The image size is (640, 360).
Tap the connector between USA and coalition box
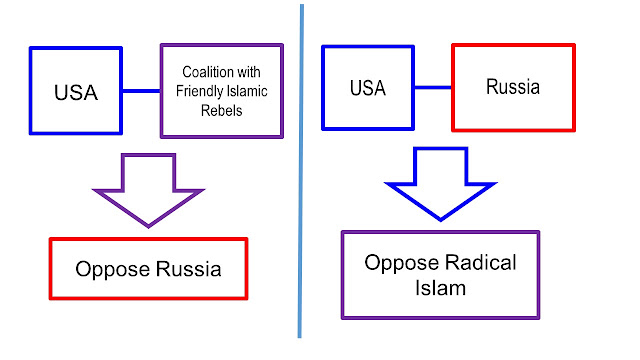(142, 91)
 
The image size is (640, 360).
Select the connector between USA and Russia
(433, 87)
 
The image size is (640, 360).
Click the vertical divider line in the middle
(301, 171)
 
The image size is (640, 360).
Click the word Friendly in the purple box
(196, 91)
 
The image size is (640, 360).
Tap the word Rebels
(222, 111)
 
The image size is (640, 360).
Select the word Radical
(480, 262)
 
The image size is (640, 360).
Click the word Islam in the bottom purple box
(440, 288)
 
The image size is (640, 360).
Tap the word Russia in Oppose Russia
(189, 269)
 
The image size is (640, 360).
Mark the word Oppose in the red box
(113, 270)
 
